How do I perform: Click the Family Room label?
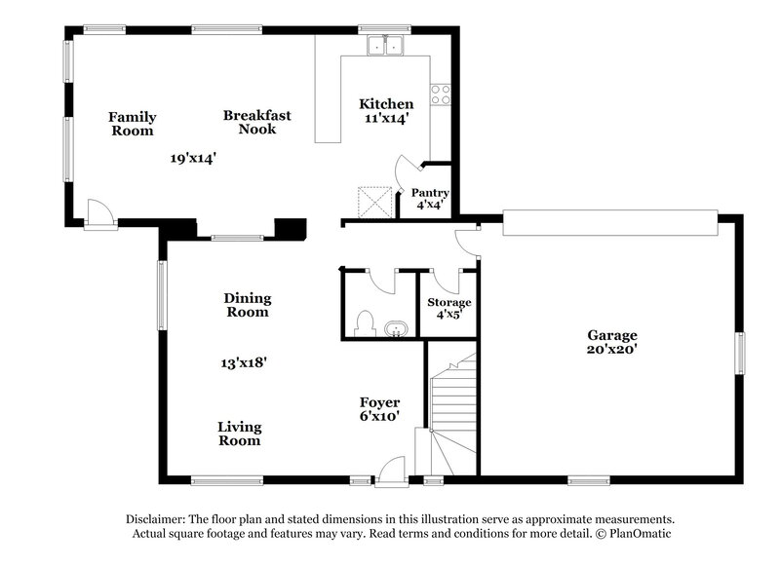pyautogui.click(x=132, y=124)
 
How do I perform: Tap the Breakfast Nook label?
pyautogui.click(x=256, y=122)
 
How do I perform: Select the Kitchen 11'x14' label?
pyautogui.click(x=386, y=110)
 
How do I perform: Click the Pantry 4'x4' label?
pyautogui.click(x=429, y=199)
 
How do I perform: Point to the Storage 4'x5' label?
pyautogui.click(x=448, y=308)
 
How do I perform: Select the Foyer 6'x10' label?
pyautogui.click(x=379, y=408)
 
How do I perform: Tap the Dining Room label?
pyautogui.click(x=248, y=305)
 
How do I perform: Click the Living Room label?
pyautogui.click(x=239, y=434)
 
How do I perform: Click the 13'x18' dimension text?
pyautogui.click(x=243, y=362)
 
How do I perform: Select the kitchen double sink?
pyautogui.click(x=386, y=45)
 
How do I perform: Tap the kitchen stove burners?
pyautogui.click(x=440, y=94)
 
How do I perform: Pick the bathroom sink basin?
pyautogui.click(x=396, y=329)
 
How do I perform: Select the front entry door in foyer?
pyautogui.click(x=393, y=470)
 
